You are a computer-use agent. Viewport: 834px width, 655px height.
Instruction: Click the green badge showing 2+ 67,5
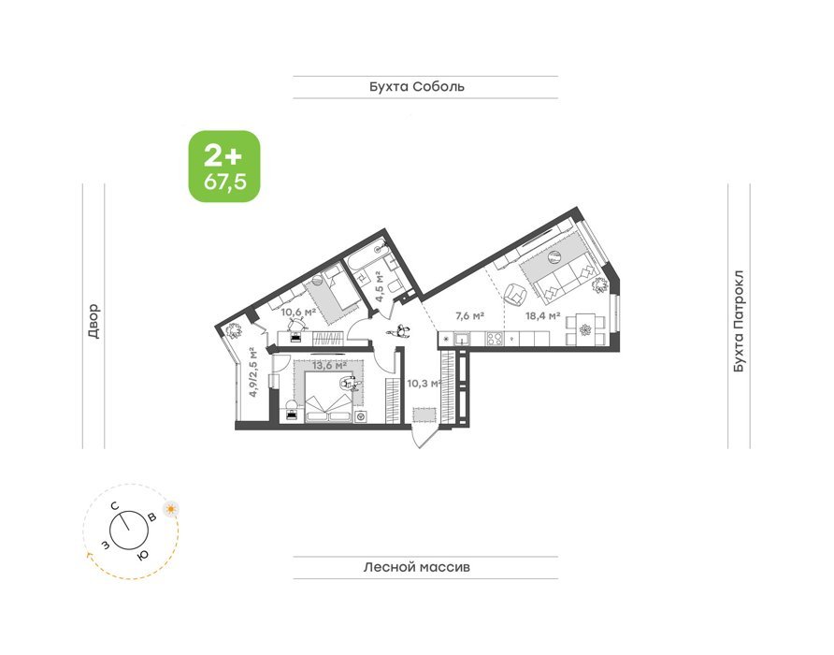(x=224, y=167)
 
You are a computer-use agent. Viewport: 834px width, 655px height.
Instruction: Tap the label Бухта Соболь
(x=417, y=87)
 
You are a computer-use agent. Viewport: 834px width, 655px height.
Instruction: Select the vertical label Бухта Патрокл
(x=739, y=322)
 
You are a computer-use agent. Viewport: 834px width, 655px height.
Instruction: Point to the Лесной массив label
(x=417, y=567)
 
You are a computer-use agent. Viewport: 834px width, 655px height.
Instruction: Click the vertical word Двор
(x=93, y=321)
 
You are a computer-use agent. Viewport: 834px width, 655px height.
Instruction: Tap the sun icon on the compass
(x=171, y=509)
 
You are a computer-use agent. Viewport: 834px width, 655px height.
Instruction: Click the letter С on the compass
(x=115, y=506)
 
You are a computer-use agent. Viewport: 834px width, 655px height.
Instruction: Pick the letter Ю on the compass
(x=142, y=556)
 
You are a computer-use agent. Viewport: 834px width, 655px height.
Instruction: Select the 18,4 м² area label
(x=542, y=315)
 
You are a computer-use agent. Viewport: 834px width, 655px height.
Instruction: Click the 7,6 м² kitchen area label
(x=469, y=315)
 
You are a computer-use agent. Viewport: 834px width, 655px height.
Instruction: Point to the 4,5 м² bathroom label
(x=380, y=286)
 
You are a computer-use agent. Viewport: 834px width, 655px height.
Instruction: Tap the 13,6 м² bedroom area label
(x=329, y=366)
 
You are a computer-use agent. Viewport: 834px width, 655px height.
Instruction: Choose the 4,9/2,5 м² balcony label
(x=253, y=372)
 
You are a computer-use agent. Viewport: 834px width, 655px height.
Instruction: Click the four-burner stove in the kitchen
(x=494, y=339)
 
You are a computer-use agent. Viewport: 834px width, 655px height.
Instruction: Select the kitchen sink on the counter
(x=461, y=339)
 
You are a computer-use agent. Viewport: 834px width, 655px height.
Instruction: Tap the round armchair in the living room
(x=515, y=294)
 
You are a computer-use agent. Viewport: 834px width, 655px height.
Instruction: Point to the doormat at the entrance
(x=425, y=415)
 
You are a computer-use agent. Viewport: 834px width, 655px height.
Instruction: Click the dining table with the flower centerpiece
(x=585, y=330)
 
